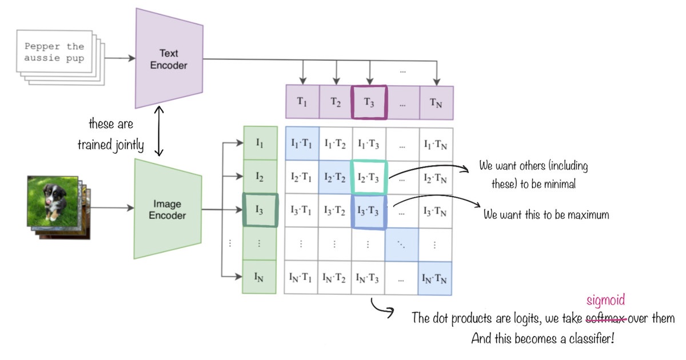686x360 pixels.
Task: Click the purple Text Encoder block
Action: [169, 58]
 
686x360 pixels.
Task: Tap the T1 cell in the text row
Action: [302, 103]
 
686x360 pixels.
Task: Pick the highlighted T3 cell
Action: [369, 103]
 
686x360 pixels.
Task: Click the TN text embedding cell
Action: [436, 103]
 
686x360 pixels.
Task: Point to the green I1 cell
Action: [260, 143]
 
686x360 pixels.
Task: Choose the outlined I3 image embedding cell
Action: [260, 210]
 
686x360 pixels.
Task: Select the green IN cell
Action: [260, 278]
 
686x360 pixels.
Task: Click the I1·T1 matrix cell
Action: [301, 143]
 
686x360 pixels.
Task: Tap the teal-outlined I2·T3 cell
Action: [369, 177]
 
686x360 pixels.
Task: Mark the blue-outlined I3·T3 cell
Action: [369, 210]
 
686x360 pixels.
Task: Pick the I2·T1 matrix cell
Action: [301, 177]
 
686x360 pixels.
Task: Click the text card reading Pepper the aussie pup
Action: [54, 53]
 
